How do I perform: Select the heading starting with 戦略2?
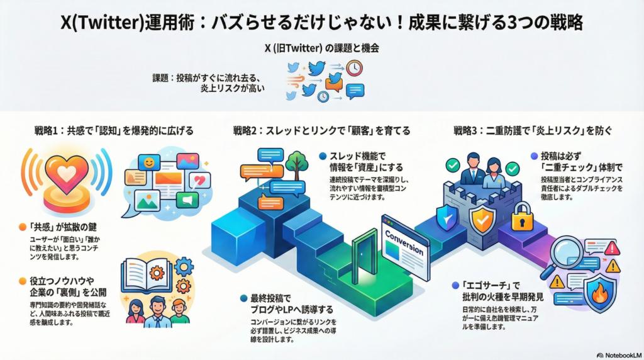321,132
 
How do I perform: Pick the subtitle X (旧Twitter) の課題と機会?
321,48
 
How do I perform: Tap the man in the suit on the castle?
472,169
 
